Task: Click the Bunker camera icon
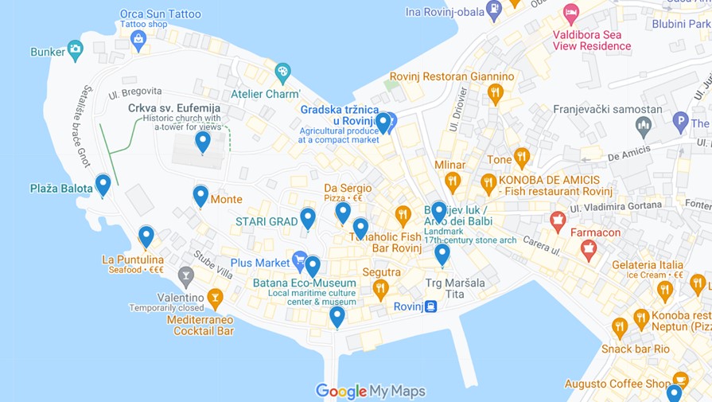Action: [75, 50]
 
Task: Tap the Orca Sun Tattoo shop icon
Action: [138, 40]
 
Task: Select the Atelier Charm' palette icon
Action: [282, 73]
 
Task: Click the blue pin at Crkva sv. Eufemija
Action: [203, 141]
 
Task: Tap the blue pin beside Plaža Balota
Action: [103, 184]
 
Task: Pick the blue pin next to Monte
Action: [200, 194]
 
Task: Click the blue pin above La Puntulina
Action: [146, 236]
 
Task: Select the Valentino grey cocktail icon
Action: [186, 277]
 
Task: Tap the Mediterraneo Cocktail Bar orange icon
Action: [214, 299]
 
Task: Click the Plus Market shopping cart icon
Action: [299, 260]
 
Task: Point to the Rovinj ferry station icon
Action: [430, 306]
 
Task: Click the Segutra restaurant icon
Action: [380, 288]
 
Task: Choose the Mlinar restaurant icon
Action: [453, 182]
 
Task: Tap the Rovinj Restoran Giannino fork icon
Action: [496, 94]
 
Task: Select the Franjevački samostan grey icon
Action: [644, 126]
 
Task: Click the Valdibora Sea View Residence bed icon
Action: [570, 14]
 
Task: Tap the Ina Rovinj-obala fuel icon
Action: [494, 11]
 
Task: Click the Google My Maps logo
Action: [370, 391]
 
